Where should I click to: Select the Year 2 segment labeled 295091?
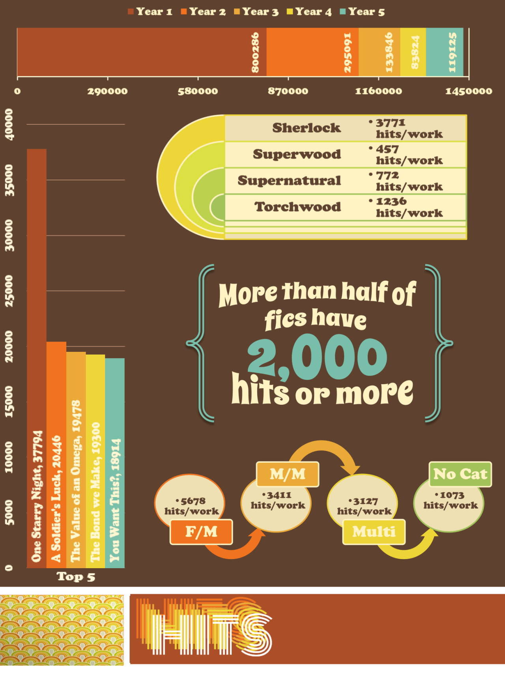tap(312, 52)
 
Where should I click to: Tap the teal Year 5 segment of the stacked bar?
tap(445, 52)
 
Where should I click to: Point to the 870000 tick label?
tap(288, 91)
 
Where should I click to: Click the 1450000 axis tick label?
tap(469, 91)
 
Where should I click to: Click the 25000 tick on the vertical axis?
tap(9, 291)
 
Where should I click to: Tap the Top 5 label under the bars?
tap(76, 577)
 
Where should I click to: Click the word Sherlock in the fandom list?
tap(306, 128)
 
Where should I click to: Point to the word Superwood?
tap(297, 154)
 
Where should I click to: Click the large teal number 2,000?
tap(317, 356)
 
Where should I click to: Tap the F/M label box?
tap(201, 532)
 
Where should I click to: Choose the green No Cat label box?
tap(460, 474)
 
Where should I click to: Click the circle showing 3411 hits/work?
tap(278, 501)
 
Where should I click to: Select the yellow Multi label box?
tap(374, 532)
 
